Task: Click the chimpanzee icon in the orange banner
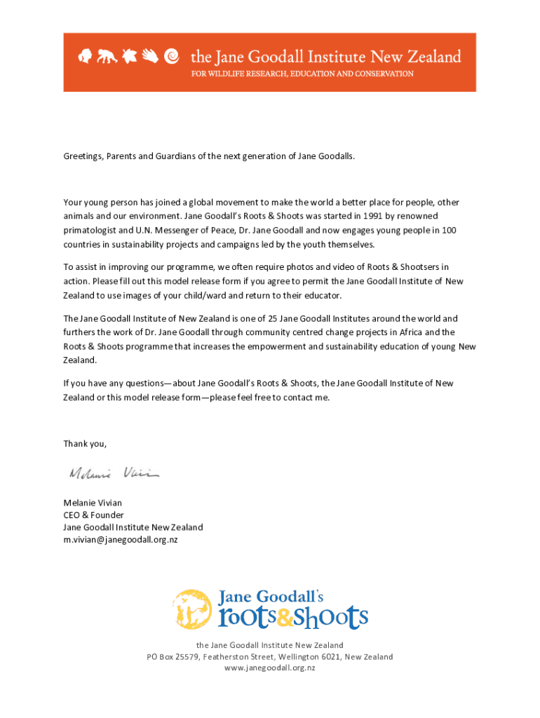[107, 57]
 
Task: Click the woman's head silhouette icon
[86, 56]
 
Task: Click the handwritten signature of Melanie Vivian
[114, 474]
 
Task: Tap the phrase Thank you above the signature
[85, 443]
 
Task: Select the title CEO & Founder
[93, 515]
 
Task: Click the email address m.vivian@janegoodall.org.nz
[121, 540]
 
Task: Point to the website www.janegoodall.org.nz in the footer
[270, 668]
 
